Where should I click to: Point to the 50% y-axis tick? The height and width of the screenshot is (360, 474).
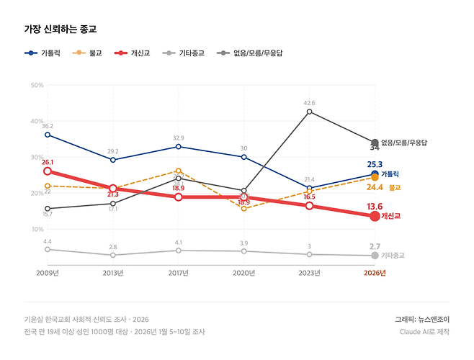37,86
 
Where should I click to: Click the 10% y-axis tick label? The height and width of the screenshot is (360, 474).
37,230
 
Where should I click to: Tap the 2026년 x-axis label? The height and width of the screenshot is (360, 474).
374,273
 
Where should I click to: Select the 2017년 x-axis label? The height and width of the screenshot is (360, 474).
178,273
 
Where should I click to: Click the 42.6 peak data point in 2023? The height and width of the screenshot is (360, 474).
309,112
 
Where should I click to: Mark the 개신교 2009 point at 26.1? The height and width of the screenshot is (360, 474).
47,171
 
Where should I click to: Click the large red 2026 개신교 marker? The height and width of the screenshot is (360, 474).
375,216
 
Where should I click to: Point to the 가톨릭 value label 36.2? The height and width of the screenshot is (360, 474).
48,126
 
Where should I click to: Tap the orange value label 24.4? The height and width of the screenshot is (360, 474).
375,187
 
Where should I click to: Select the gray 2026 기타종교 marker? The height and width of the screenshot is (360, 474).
375,256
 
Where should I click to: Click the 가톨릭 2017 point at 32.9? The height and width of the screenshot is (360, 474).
179,146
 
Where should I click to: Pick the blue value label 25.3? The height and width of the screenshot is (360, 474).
375,165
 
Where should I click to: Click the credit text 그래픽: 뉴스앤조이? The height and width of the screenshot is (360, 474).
421,319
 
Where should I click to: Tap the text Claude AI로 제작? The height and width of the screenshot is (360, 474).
424,332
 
